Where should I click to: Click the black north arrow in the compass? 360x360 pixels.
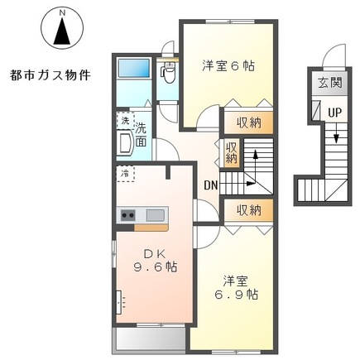[x=60, y=33]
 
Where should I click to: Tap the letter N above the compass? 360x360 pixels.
[x=60, y=12]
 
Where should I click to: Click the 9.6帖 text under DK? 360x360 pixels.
[x=155, y=268]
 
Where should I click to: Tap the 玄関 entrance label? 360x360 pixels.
[x=326, y=82]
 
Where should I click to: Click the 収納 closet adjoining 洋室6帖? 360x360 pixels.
[x=245, y=121]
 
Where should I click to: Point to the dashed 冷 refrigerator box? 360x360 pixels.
[x=125, y=174]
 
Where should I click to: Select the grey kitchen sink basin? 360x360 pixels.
[x=155, y=216]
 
